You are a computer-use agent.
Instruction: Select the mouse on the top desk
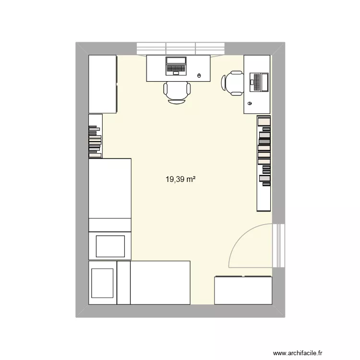[200, 75]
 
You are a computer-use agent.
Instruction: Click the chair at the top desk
[177, 91]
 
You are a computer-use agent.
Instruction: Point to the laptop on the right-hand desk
[259, 82]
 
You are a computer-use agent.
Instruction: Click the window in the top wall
[180, 48]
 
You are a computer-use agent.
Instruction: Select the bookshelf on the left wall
[95, 136]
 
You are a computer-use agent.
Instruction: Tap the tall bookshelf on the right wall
[264, 163]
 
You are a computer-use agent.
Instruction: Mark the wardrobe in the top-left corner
[103, 84]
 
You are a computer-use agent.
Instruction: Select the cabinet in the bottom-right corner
[243, 290]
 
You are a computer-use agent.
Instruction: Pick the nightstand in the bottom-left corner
[103, 283]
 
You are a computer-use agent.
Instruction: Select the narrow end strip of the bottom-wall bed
[124, 283]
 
